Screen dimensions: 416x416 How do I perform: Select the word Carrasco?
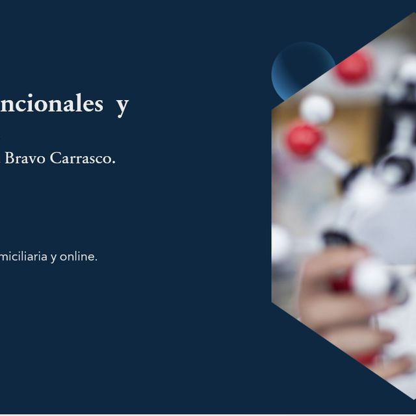coord(82,158)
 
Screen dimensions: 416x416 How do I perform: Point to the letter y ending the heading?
coord(122,106)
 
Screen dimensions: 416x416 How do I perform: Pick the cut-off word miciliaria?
coord(24,257)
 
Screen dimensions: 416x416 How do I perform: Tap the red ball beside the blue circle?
coord(353,67)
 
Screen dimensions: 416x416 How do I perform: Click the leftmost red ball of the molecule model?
coord(303,138)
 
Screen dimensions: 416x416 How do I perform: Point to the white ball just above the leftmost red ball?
coord(317,109)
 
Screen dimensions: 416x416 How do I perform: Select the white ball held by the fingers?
coord(371,278)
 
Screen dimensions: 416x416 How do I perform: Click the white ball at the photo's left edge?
coord(280,244)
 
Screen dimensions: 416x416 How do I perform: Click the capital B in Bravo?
coord(10,158)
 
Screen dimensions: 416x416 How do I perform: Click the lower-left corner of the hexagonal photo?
coord(272,303)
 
